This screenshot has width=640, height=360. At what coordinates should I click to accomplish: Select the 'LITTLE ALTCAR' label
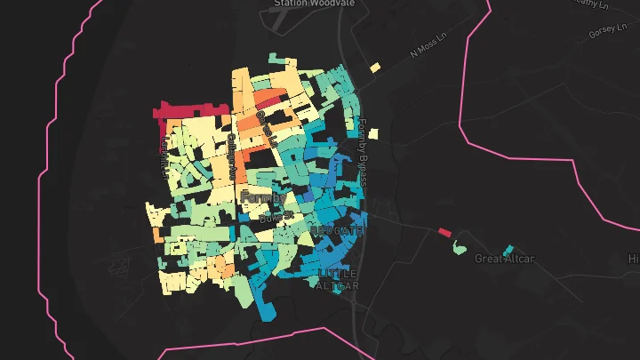tap(338, 279)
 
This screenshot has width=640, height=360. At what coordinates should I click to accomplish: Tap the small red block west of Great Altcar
tap(444, 233)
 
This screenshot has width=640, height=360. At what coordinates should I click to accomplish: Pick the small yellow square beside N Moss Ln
tap(376, 67)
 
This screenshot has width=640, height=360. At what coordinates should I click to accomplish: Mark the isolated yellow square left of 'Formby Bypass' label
tap(373, 133)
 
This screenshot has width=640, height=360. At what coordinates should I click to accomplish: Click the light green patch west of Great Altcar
tap(459, 246)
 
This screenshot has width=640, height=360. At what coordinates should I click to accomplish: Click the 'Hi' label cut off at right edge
tap(634, 259)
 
